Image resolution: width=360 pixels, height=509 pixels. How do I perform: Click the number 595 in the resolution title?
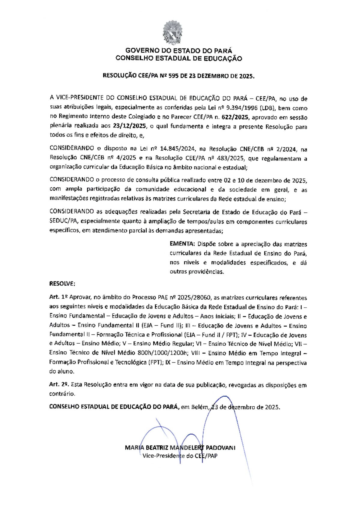[173, 76]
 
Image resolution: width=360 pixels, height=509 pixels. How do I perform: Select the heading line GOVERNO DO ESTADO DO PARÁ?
[179, 51]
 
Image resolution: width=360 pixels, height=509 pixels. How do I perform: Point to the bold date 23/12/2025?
[130, 126]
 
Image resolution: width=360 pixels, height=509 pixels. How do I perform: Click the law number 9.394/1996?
[242, 108]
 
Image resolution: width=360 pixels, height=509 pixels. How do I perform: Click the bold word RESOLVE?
[62, 284]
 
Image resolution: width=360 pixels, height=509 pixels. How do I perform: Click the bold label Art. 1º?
[58, 297]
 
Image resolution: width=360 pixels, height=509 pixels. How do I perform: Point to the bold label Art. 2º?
[59, 384]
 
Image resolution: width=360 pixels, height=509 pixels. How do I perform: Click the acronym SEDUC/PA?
[64, 221]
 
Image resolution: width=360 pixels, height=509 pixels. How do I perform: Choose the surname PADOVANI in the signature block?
[220, 448]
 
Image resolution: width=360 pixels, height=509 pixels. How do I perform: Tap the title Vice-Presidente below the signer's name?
[163, 456]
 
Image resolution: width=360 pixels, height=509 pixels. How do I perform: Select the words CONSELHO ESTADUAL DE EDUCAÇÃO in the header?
[179, 59]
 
